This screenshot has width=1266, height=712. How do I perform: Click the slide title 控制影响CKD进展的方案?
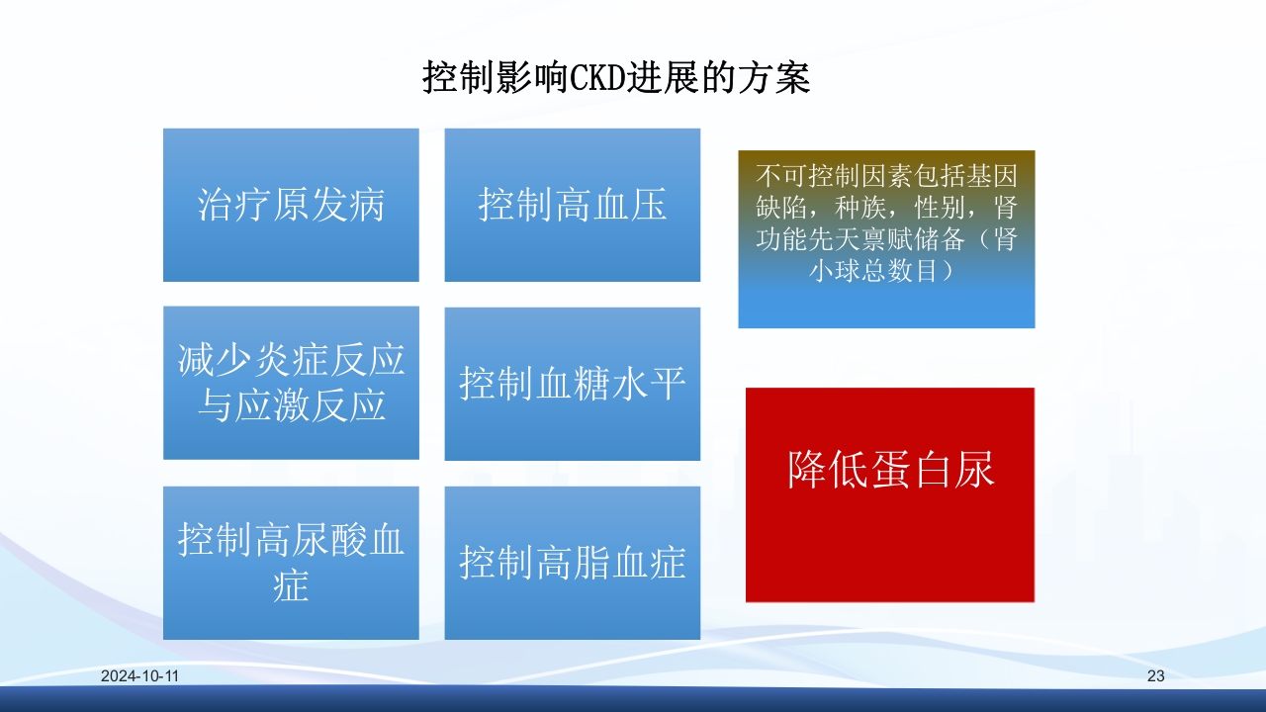pos(616,77)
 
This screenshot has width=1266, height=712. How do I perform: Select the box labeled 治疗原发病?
pos(291,205)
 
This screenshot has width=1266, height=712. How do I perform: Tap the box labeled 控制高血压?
pos(572,205)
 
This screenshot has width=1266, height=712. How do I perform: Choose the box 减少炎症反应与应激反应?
pos(291,383)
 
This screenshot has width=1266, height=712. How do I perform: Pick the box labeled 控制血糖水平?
pos(572,384)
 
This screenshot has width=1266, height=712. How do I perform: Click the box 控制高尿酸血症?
pos(291,562)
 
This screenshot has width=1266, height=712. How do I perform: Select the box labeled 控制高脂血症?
pos(572,563)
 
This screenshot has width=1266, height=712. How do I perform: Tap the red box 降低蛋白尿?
pos(889,494)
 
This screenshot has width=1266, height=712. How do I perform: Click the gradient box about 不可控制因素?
pos(886,239)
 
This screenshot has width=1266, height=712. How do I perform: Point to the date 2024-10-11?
pos(139,676)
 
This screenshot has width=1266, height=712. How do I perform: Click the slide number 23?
pos(1155,676)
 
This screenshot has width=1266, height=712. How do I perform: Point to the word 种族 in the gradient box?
pos(860,209)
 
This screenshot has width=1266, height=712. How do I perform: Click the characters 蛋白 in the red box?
pos(890,471)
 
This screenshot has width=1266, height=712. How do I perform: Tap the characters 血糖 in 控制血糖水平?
pos(572,384)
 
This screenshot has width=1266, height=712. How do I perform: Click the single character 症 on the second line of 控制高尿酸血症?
pos(291,585)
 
